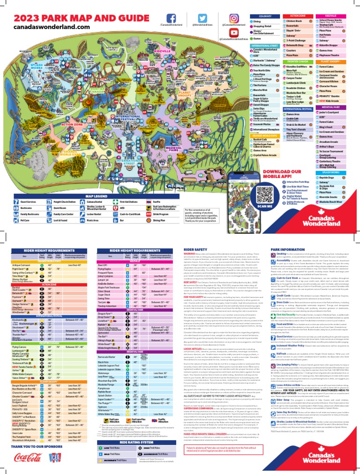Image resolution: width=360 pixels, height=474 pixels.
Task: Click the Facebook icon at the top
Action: point(172,17)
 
